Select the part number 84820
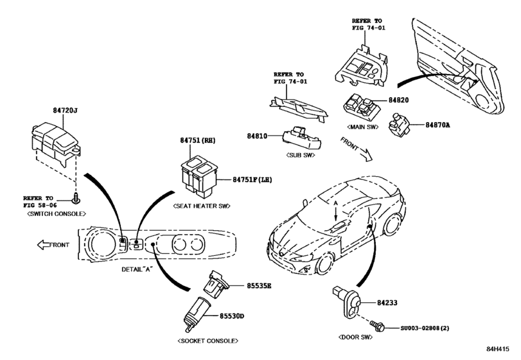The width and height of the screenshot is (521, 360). click(402, 101)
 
